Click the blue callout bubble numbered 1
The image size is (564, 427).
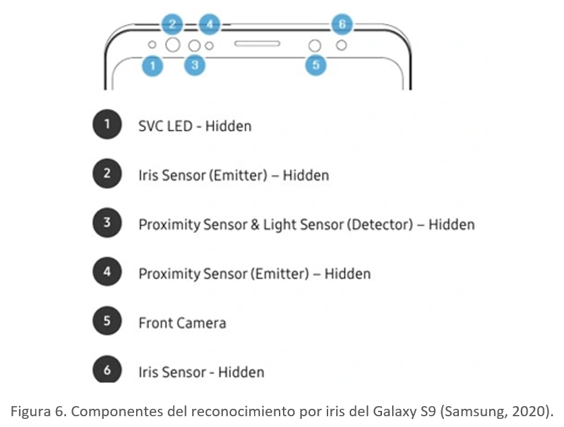[153, 65]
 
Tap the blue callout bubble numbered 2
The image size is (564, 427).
[173, 24]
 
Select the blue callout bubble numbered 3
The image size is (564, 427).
[194, 65]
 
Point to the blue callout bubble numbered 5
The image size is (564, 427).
[315, 65]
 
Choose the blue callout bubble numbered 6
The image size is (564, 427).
[342, 24]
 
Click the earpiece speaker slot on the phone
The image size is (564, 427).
[257, 44]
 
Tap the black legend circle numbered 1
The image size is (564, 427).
[106, 125]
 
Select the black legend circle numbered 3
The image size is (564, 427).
[106, 223]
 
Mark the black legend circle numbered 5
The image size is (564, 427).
[106, 321]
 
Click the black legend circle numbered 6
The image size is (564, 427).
[106, 370]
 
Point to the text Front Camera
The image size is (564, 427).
[182, 323]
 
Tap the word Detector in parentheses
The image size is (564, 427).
[379, 224]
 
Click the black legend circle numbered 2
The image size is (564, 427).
[106, 174]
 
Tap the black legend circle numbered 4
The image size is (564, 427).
[106, 272]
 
